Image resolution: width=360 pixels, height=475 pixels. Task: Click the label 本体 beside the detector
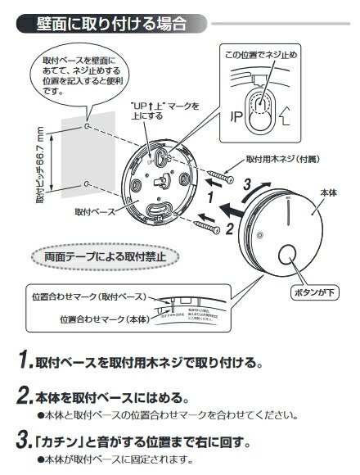coord(327,191)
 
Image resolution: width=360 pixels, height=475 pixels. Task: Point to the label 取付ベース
coord(93,211)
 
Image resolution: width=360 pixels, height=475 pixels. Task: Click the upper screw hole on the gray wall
coord(87,128)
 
